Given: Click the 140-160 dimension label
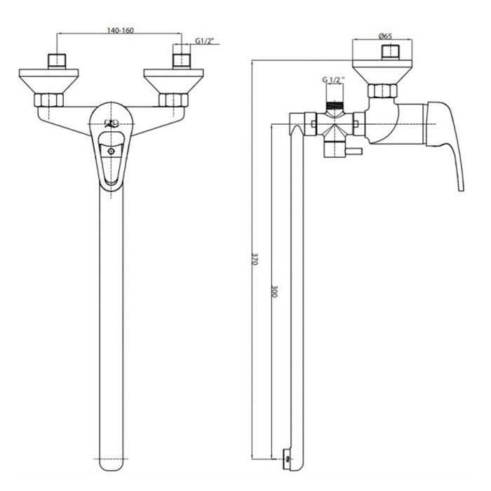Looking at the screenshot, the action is click(120, 30).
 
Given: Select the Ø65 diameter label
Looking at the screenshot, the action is click(385, 36).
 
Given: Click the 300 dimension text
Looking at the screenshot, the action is click(274, 291).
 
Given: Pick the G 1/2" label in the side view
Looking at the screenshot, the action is click(334, 80).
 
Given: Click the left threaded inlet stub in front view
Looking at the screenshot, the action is click(57, 61).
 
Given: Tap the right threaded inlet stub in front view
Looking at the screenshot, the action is click(182, 61).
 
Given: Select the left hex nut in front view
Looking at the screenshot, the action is click(49, 100).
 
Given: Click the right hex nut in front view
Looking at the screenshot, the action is click(173, 100).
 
